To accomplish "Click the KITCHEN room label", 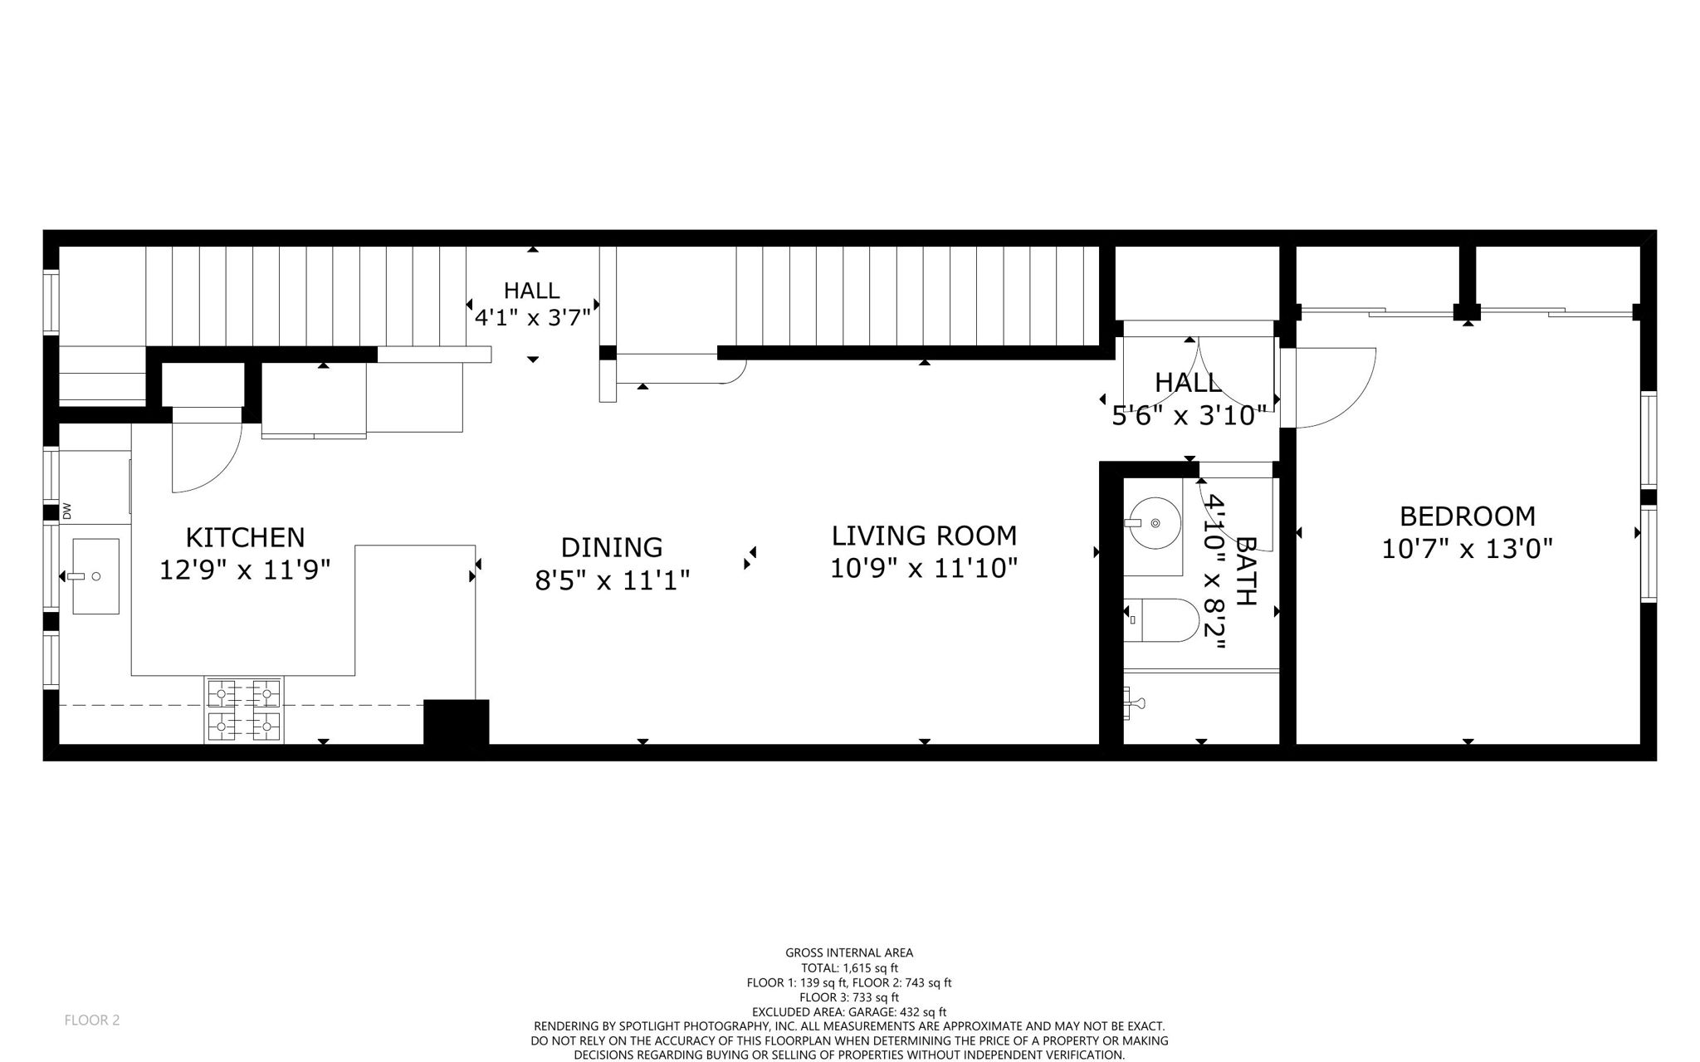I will (245, 537).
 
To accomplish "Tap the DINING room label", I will (612, 547).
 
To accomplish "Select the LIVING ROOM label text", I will (924, 536).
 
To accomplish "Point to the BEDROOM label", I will (1467, 516).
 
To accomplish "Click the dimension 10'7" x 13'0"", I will (1467, 549).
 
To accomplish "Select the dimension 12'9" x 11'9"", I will (245, 570).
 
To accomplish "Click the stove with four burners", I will (244, 710).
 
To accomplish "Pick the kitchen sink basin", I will (95, 575).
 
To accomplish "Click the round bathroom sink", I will (1155, 523).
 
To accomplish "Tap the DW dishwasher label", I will (67, 512).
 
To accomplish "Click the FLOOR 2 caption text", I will (92, 1020).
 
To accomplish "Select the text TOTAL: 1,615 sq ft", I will (849, 967).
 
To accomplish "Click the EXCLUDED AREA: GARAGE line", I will (849, 1012).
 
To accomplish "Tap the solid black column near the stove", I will (456, 722).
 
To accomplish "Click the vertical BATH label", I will (1247, 570).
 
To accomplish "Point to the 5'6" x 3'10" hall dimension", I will (1189, 415).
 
